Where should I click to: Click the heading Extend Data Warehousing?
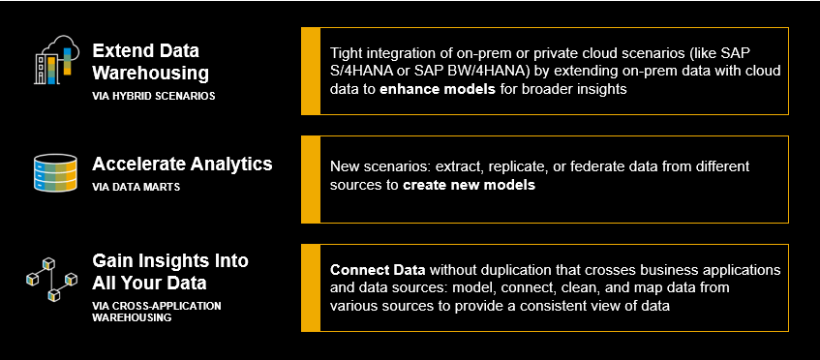click(x=151, y=62)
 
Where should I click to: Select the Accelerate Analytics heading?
click(x=182, y=165)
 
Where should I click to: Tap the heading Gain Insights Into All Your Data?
click(x=170, y=271)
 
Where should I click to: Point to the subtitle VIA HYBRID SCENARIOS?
click(x=153, y=97)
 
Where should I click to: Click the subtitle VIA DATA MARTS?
click(x=136, y=187)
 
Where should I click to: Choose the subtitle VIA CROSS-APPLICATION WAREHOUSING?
click(x=157, y=312)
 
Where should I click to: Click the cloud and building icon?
click(x=56, y=60)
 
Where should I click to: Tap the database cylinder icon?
click(x=55, y=173)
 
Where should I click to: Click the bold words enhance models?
click(x=438, y=89)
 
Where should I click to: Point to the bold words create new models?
click(x=470, y=185)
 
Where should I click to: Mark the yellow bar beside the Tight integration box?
click(x=311, y=71)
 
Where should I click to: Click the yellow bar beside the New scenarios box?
click(x=311, y=179)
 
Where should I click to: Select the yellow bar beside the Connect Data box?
click(x=311, y=287)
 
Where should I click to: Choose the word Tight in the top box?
click(x=344, y=54)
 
